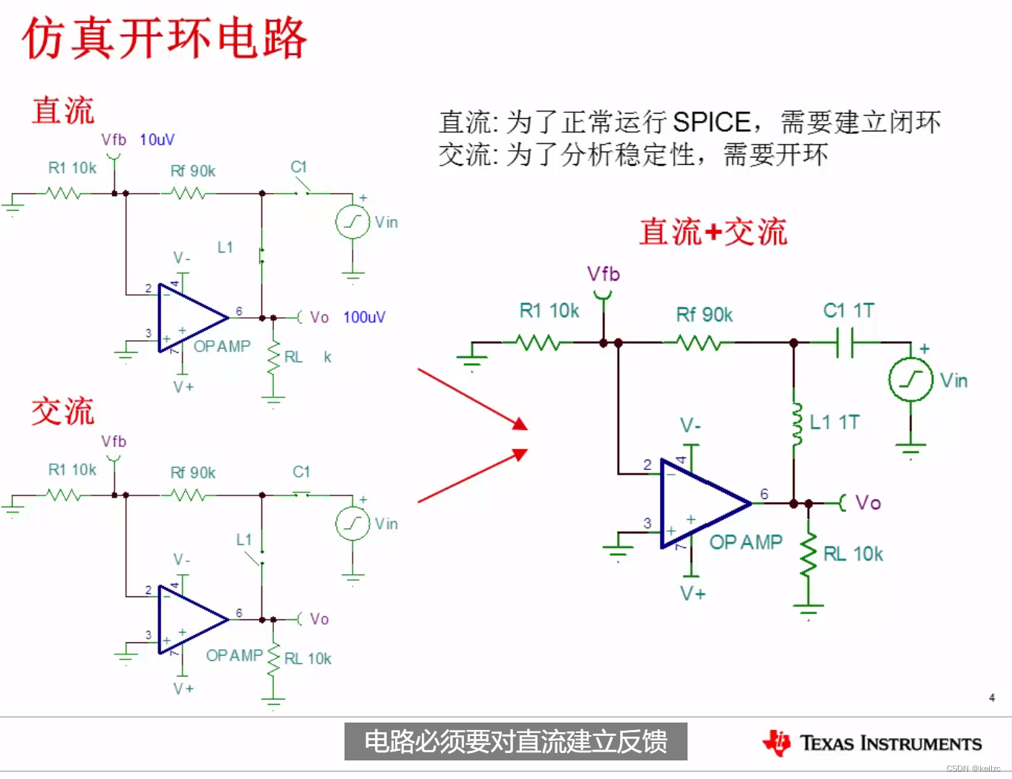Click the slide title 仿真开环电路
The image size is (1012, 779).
(x=165, y=39)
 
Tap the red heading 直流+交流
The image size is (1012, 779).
(x=713, y=232)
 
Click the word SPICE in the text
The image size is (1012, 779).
(x=711, y=122)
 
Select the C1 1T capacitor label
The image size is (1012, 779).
(x=849, y=310)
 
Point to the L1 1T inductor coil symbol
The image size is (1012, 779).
(x=797, y=424)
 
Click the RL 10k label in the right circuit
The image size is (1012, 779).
(x=853, y=554)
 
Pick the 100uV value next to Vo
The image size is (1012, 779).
(x=364, y=318)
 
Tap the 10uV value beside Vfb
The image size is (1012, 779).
(x=157, y=140)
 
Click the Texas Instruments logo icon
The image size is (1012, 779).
(x=777, y=742)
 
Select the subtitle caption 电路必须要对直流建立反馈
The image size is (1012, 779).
(x=515, y=742)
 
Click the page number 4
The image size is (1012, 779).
(x=992, y=697)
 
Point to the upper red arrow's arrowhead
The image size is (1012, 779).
(x=520, y=425)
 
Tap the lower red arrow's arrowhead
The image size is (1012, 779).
(x=520, y=453)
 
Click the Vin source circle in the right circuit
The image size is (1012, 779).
(x=910, y=379)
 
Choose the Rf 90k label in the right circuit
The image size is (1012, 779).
(x=704, y=315)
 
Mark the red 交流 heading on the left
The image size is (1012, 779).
(x=63, y=411)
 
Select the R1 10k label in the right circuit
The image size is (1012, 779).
(x=549, y=310)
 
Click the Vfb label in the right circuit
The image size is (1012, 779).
(x=603, y=274)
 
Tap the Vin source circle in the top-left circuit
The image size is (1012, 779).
(x=353, y=221)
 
